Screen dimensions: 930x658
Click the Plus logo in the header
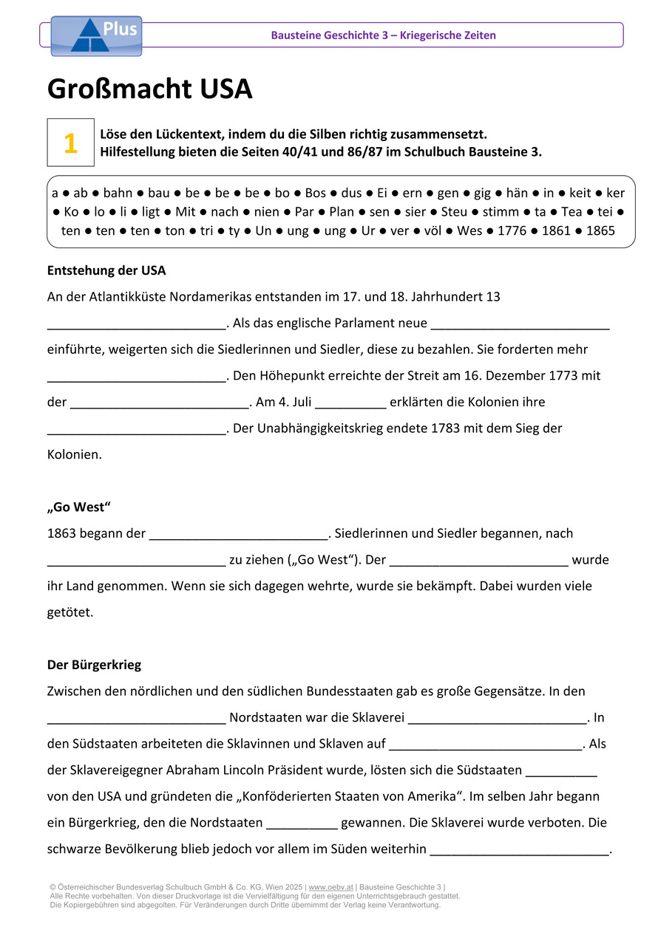pos(95,35)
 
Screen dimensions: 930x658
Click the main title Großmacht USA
pos(149,89)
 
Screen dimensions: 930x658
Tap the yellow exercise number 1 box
pos(70,143)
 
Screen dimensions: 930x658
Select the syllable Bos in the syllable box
pos(316,194)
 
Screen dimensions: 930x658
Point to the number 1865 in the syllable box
pos(600,230)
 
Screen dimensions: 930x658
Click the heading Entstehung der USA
pos(106,270)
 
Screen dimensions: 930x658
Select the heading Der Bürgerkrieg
pos(94,665)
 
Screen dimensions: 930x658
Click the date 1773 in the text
pos(564,375)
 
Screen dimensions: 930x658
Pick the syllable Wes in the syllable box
pos(469,230)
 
